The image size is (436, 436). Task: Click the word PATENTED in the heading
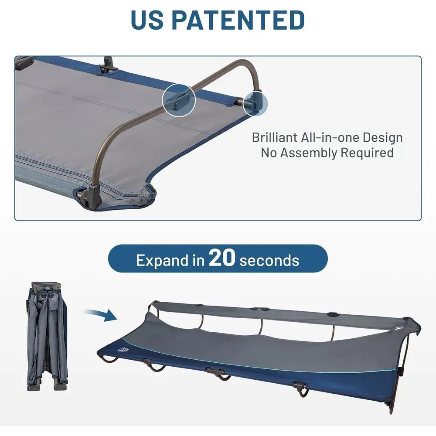pyautogui.click(x=238, y=20)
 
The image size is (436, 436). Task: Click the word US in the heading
pyautogui.click(x=147, y=20)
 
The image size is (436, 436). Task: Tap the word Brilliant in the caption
pyautogui.click(x=275, y=138)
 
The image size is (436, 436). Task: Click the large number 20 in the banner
pyautogui.click(x=222, y=257)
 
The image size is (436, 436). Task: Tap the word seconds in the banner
pyautogui.click(x=269, y=261)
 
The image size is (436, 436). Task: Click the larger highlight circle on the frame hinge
pyautogui.click(x=179, y=100)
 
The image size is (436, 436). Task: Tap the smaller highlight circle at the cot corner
pyautogui.click(x=255, y=103)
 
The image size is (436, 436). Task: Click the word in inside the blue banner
pyautogui.click(x=198, y=260)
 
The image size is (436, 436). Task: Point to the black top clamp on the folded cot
pyautogui.click(x=46, y=286)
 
